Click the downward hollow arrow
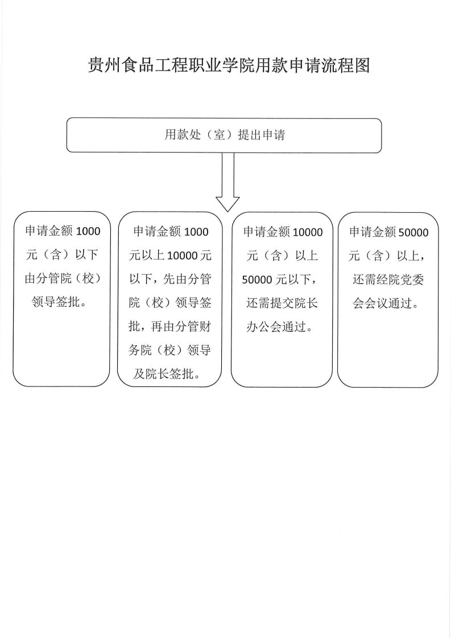coord(227,182)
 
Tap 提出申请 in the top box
coord(262,135)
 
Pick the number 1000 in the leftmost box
coord(88,231)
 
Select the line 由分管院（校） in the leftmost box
coord(63,278)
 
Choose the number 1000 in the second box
coord(196,232)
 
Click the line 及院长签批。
coord(167,373)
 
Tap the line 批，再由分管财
coord(169,326)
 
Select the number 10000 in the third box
coord(308,232)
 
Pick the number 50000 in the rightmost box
coord(413,233)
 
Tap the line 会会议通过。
coord(386,303)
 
